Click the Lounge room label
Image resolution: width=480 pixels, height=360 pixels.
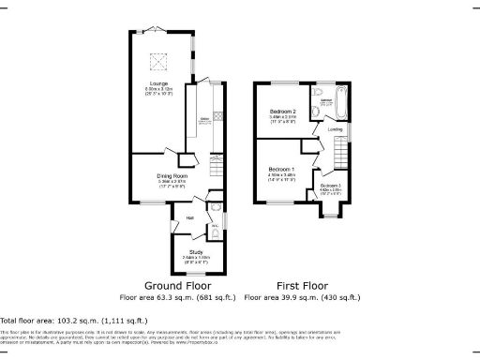click(x=157, y=83)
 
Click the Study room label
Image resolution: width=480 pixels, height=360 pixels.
click(x=197, y=252)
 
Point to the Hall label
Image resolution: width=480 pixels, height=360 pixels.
click(x=189, y=218)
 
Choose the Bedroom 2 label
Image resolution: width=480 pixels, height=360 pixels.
click(x=281, y=112)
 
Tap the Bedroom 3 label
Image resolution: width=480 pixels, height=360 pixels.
click(x=329, y=186)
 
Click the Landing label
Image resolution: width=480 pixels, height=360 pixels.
click(x=335, y=129)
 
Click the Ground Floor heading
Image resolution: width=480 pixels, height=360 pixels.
click(x=177, y=285)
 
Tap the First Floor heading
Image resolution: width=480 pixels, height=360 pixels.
click(x=302, y=285)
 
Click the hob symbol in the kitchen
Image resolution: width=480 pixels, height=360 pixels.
click(x=217, y=116)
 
